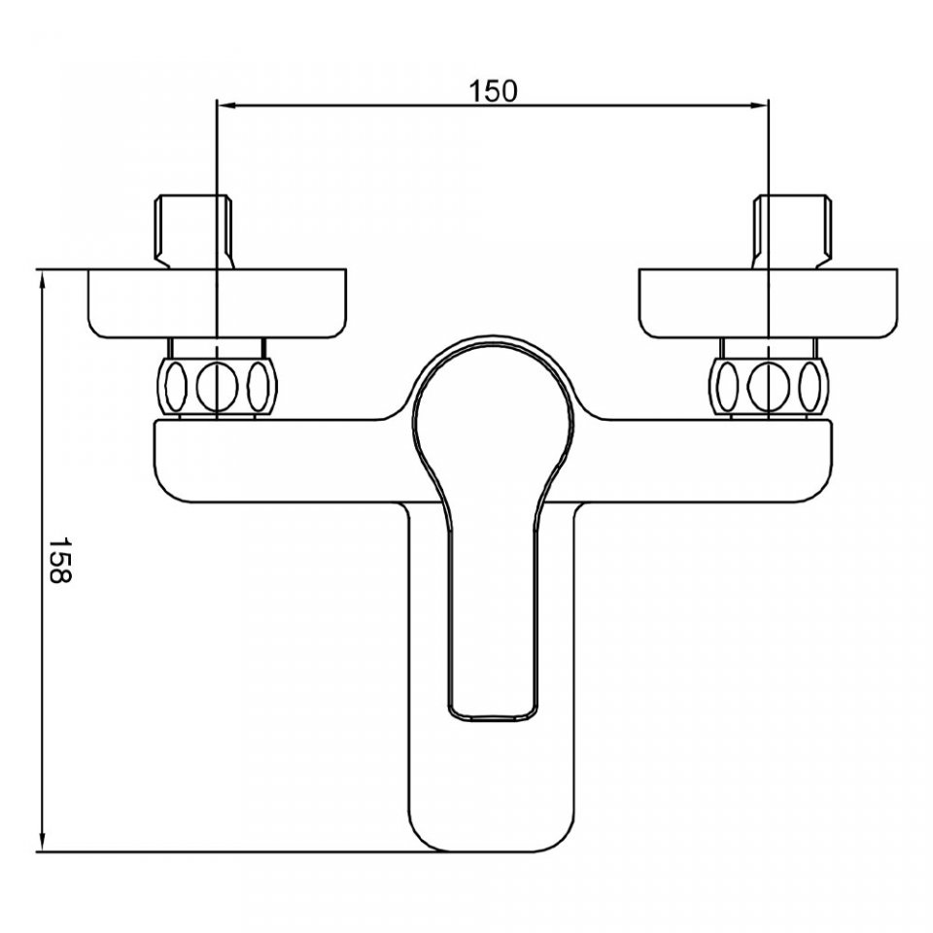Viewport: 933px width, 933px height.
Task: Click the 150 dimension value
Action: pyautogui.click(x=494, y=91)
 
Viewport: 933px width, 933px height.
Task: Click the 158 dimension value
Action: pyautogui.click(x=59, y=560)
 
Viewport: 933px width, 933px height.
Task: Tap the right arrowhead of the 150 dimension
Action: pyautogui.click(x=760, y=105)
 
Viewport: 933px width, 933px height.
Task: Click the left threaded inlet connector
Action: pyautogui.click(x=195, y=231)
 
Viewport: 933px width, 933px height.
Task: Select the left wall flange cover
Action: pyautogui.click(x=217, y=304)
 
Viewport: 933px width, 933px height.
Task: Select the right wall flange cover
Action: pyautogui.click(x=768, y=304)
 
